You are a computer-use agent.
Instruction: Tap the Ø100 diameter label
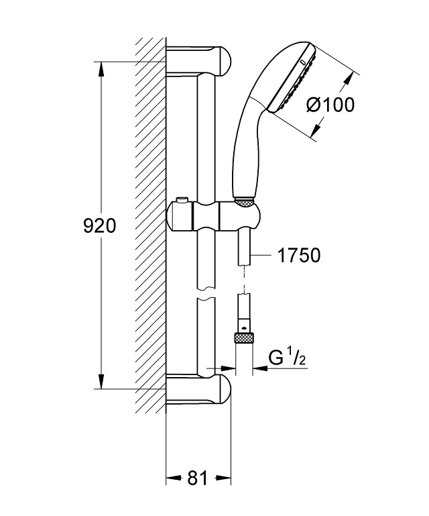pyautogui.click(x=329, y=104)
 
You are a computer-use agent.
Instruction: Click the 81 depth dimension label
pyautogui.click(x=197, y=478)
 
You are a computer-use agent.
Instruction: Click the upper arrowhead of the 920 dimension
pyautogui.click(x=101, y=69)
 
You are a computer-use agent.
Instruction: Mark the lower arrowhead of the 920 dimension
pyautogui.click(x=101, y=382)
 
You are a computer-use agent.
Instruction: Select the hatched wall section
pyautogui.click(x=149, y=221)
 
